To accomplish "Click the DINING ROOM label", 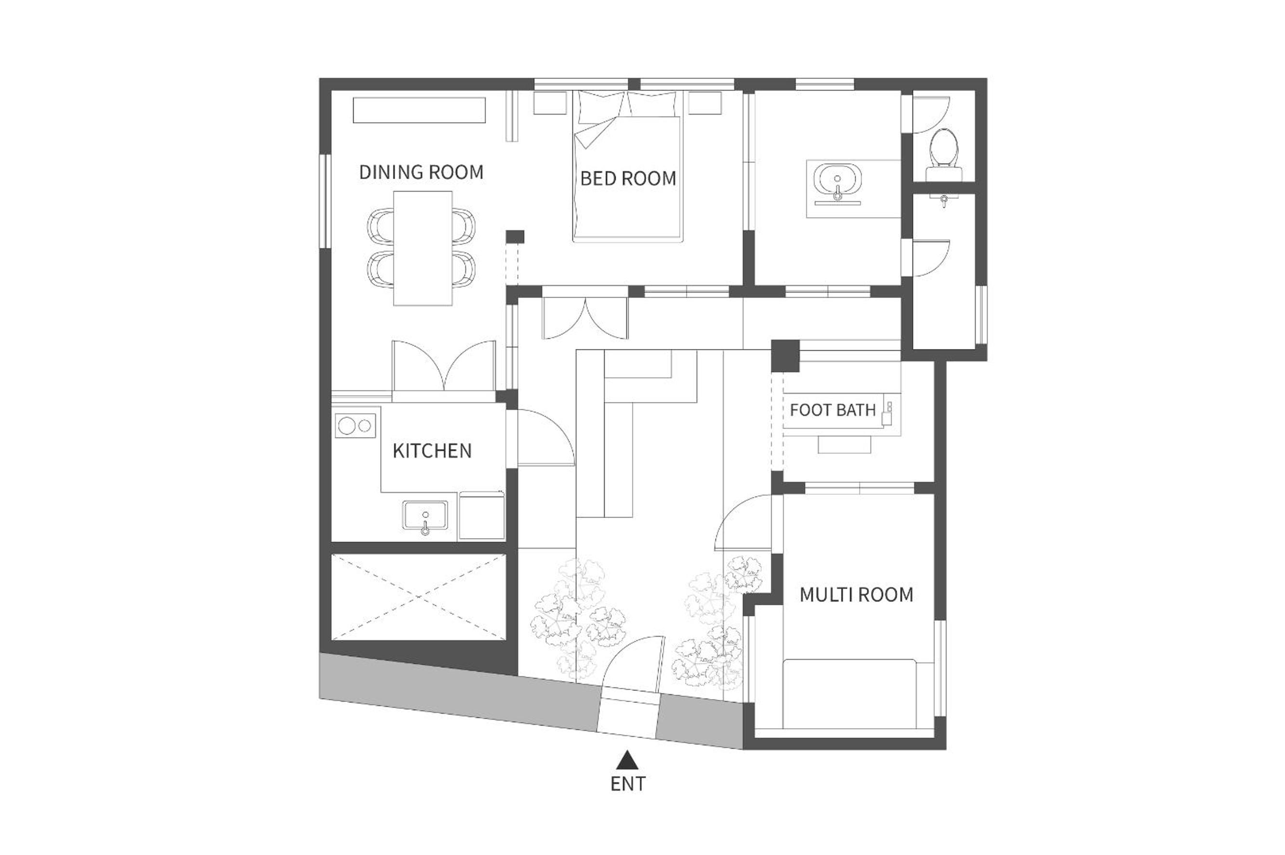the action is tap(421, 172).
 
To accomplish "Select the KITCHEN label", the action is tap(432, 451).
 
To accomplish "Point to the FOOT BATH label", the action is tap(833, 410).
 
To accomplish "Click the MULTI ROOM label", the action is tap(857, 595).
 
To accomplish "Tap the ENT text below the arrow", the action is tap(628, 784).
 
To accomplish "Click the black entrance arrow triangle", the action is tap(628, 759).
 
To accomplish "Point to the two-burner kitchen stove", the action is tap(356, 426).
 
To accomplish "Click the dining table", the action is tap(423, 248).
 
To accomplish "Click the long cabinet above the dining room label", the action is tap(419, 110).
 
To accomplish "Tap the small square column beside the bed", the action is tap(515, 237).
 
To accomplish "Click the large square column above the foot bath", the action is tap(785, 355).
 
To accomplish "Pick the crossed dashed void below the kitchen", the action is tap(419, 597).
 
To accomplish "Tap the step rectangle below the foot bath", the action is tap(845, 445).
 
